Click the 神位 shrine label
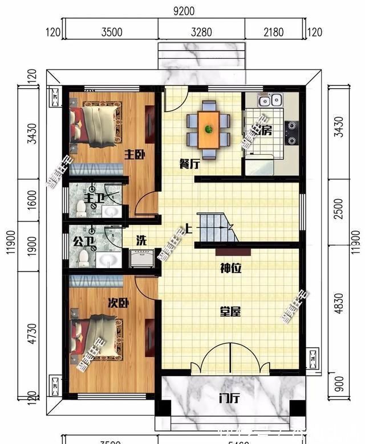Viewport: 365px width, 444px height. pos(231,268)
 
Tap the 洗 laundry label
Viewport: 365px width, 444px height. pos(141,240)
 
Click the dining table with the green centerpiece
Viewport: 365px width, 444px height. pos(209,129)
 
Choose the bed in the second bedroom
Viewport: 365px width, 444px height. pos(96,339)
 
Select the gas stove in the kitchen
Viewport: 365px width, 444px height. pos(291,133)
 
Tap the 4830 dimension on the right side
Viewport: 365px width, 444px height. pos(339,303)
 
